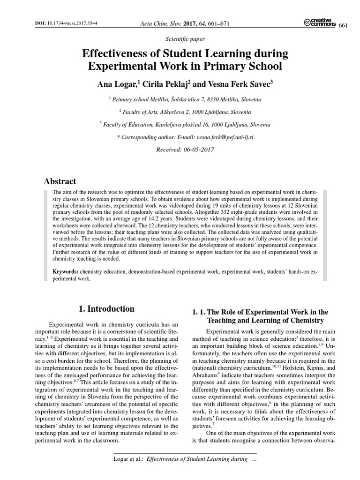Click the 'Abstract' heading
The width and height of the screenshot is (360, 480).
coord(60,181)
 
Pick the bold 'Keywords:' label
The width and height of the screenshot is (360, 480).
coord(66,271)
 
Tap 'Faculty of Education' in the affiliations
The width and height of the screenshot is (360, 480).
coord(127,125)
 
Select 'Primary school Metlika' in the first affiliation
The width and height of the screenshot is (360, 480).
coord(138,99)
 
